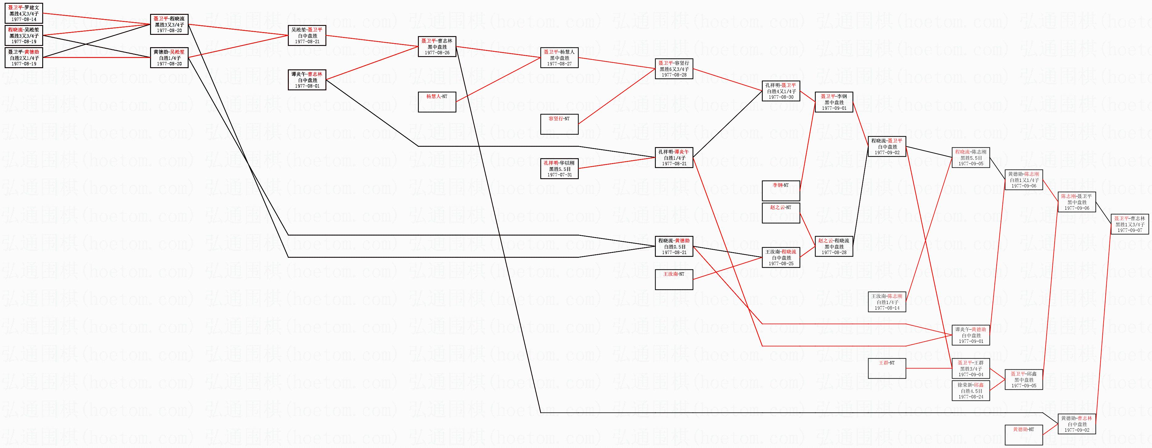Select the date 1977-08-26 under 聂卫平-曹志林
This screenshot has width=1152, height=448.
click(x=437, y=53)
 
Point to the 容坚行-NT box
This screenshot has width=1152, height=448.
click(x=559, y=124)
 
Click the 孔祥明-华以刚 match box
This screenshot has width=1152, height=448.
click(x=559, y=169)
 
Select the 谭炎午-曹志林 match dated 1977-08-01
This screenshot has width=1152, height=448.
click(x=307, y=80)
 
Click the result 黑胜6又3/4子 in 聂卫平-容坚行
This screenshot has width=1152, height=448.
click(x=674, y=69)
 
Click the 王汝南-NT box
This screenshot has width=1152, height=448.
click(x=674, y=280)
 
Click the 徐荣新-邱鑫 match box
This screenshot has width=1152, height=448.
click(x=970, y=391)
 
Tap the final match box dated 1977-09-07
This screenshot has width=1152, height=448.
click(x=1130, y=224)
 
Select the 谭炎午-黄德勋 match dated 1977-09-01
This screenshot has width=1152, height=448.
click(x=970, y=335)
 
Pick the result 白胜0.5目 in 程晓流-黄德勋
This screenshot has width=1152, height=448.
click(x=674, y=247)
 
